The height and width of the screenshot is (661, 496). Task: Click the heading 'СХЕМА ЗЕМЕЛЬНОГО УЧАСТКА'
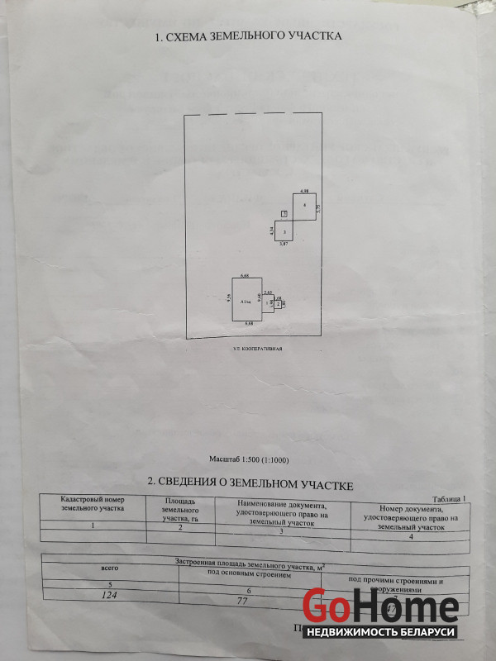pyautogui.click(x=248, y=37)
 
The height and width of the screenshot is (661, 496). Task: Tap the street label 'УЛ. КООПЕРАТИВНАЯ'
pyautogui.click(x=257, y=350)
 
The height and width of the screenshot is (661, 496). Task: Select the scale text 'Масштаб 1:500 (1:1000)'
pyautogui.click(x=249, y=459)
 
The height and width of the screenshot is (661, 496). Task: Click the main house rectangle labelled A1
pyautogui.click(x=245, y=302)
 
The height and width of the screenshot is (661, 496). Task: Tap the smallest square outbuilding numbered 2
pyautogui.click(x=279, y=304)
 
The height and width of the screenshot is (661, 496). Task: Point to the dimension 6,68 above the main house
pyautogui.click(x=245, y=274)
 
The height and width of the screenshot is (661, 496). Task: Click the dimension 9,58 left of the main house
pyautogui.click(x=227, y=302)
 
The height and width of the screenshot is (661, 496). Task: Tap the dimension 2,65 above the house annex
pyautogui.click(x=268, y=292)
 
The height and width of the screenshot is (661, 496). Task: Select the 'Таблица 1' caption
pyautogui.click(x=449, y=498)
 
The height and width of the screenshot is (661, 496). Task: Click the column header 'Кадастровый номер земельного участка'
pyautogui.click(x=91, y=505)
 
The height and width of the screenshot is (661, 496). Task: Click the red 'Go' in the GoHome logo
pyautogui.click(x=331, y=607)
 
